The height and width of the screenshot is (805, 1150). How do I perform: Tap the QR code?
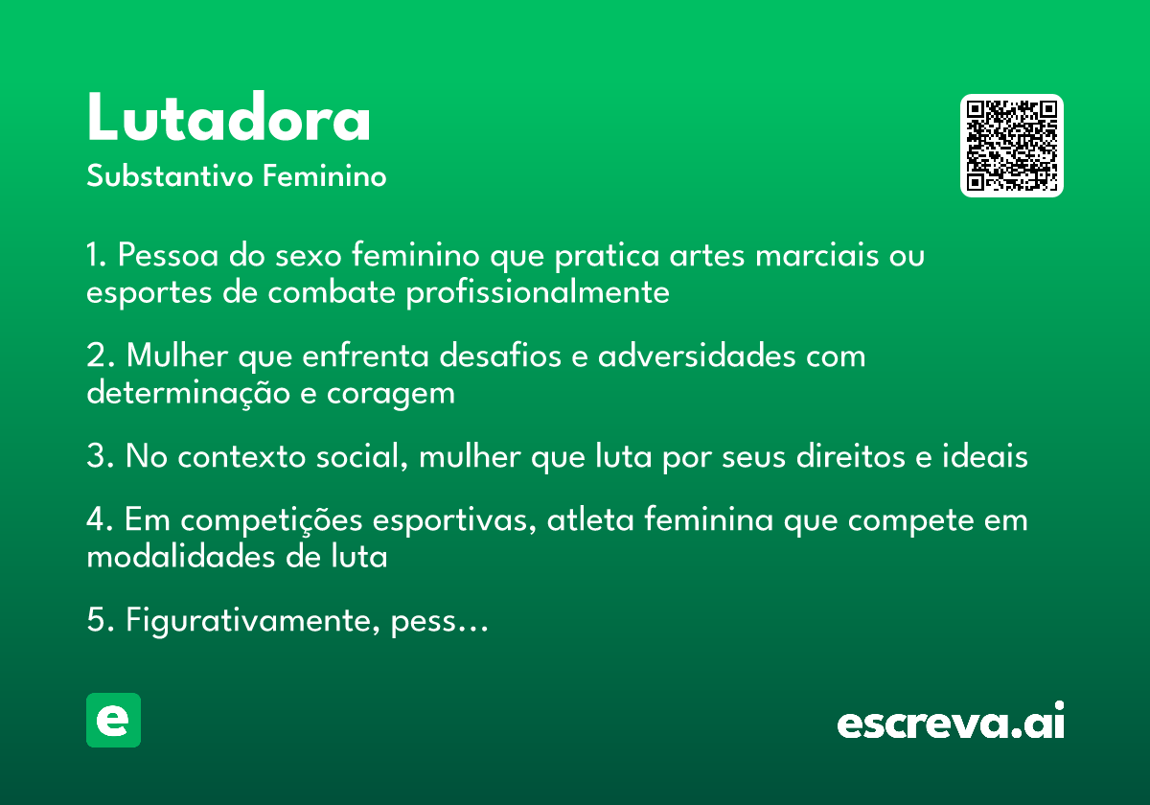tap(1011, 146)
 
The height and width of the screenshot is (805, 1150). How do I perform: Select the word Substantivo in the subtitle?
tap(170, 175)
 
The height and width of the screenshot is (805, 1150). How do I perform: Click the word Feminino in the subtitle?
tap(325, 175)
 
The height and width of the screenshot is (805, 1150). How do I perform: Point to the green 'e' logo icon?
tap(113, 720)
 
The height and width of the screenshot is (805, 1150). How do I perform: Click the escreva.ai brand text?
tap(951, 721)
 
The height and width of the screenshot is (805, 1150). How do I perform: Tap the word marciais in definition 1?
tap(816, 255)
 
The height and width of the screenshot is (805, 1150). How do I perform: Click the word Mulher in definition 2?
tap(177, 355)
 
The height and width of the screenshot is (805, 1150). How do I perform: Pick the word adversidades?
tap(697, 355)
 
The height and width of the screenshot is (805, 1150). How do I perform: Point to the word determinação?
tap(189, 393)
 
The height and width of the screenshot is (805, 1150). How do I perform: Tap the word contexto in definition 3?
tap(241, 456)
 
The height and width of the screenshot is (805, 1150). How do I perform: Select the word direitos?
tap(851, 455)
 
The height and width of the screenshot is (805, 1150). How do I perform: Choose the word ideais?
tap(985, 455)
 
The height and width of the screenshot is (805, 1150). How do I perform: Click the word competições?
tap(271, 521)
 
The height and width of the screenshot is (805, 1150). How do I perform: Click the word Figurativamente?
tap(253, 621)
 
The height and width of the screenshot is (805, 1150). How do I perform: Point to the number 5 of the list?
tap(96, 619)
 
